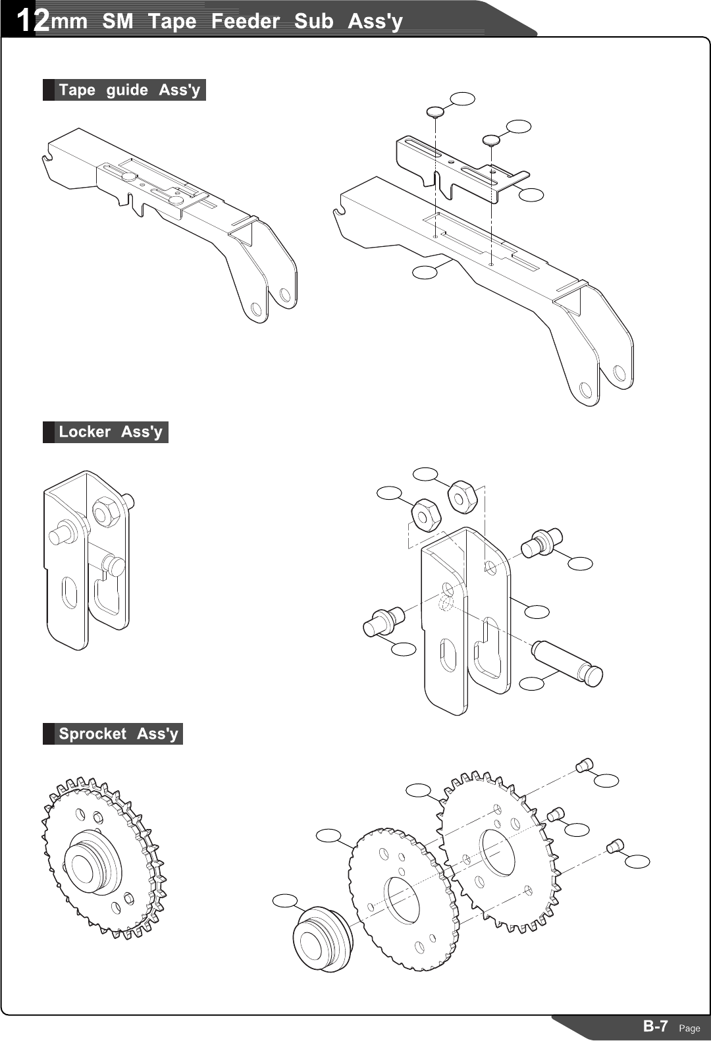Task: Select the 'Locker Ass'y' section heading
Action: pyautogui.click(x=110, y=432)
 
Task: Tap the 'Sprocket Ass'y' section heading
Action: pyautogui.click(x=118, y=734)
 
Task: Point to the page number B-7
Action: pyautogui.click(x=656, y=1026)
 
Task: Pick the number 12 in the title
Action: pyautogui.click(x=32, y=21)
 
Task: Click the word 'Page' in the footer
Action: pyautogui.click(x=689, y=1028)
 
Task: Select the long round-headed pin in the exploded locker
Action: pyautogui.click(x=567, y=664)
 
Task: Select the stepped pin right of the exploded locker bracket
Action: pyautogui.click(x=540, y=542)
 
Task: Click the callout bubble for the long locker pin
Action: pyautogui.click(x=532, y=683)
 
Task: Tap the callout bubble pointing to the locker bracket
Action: pyautogui.click(x=537, y=612)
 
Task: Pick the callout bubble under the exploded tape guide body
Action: pyautogui.click(x=425, y=272)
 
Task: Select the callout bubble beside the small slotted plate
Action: pyautogui.click(x=531, y=194)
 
